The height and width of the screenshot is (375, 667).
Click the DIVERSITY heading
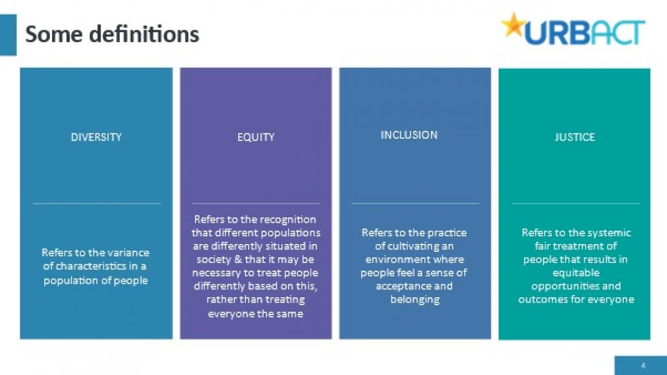(x=96, y=137)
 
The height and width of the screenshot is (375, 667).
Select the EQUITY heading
(x=256, y=137)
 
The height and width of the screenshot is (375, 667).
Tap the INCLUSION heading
(x=409, y=135)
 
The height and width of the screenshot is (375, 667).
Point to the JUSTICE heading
(x=575, y=137)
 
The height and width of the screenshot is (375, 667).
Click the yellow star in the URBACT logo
(x=513, y=25)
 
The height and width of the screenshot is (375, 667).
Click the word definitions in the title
(x=144, y=34)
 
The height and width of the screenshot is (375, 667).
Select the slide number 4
(x=643, y=366)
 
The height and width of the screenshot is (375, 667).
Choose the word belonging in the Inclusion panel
(x=415, y=299)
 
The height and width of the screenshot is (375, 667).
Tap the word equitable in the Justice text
(x=576, y=273)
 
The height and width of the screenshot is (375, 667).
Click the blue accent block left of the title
(x=8, y=35)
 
